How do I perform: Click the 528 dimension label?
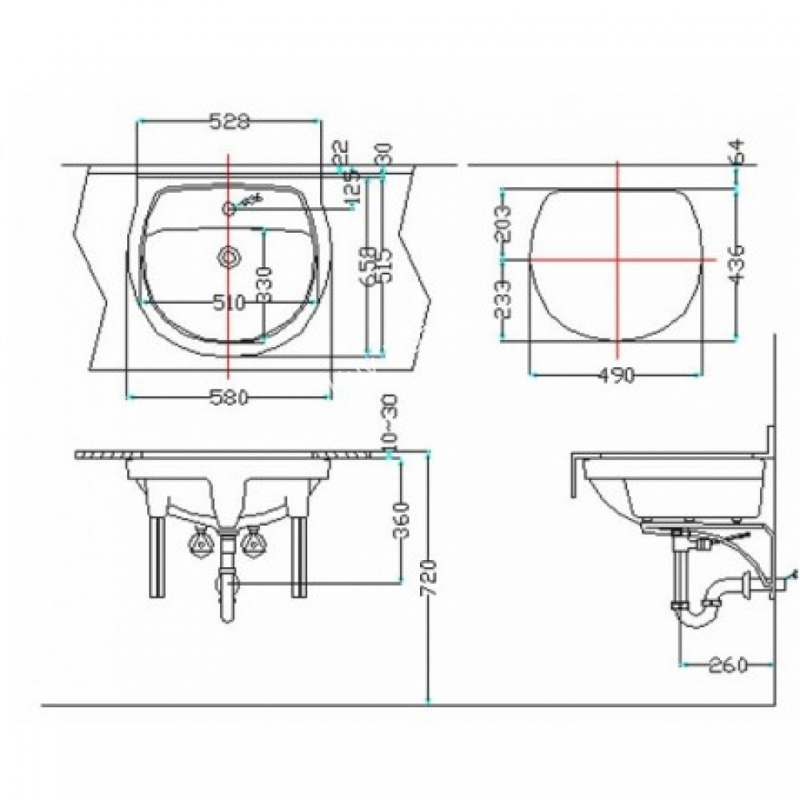coord(230,122)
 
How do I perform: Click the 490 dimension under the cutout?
coord(617,375)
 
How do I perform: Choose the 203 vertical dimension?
coord(502,224)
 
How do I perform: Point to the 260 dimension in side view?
coord(727,665)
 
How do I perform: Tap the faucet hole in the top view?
coord(229,209)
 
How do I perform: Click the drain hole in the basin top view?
coord(229,257)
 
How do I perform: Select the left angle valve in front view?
coord(198,545)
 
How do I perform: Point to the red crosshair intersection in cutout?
coord(617,259)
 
